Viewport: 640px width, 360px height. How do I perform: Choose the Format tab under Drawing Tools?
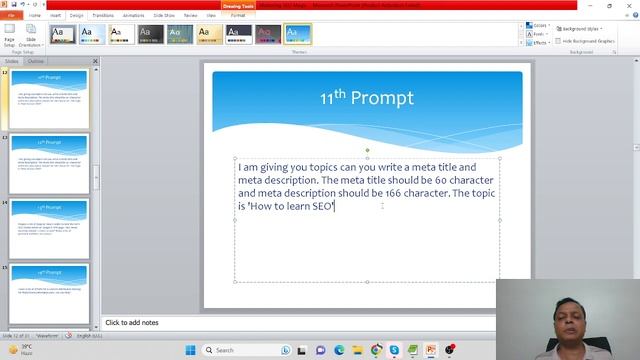tap(238, 16)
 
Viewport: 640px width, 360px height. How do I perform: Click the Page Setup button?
tap(9, 36)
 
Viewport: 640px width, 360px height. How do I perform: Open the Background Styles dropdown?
tap(580, 29)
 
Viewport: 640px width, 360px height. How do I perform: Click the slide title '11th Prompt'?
tap(366, 98)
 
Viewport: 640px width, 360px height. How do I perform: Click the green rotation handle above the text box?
tap(367, 150)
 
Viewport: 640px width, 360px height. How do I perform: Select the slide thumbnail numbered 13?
tap(50, 164)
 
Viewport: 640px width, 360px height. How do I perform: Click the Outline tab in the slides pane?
tap(35, 61)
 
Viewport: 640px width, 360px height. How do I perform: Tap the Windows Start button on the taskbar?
tap(190, 350)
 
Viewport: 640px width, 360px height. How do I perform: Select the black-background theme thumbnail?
tap(151, 35)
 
